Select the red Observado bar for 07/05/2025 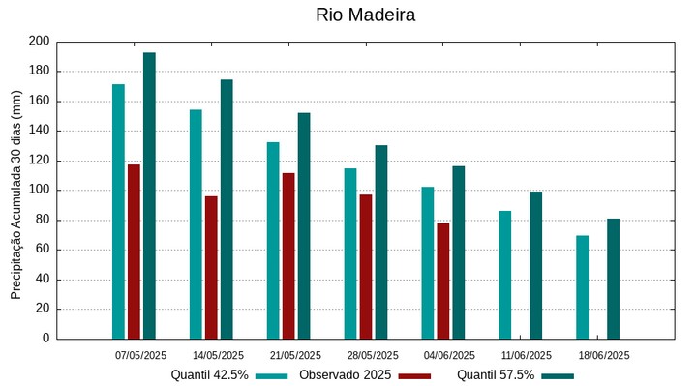click(x=134, y=252)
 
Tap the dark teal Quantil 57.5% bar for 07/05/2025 click(x=149, y=195)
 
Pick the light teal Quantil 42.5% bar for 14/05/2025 click(x=196, y=224)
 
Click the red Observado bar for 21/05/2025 click(x=288, y=255)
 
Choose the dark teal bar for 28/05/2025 click(x=381, y=242)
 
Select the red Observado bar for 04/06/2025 click(x=443, y=281)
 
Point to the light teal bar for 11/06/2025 click(x=505, y=275)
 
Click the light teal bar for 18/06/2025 click(x=583, y=286)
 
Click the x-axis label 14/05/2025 click(x=218, y=355)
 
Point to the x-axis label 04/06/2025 click(x=449, y=355)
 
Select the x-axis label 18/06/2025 click(x=604, y=355)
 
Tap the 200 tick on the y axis click(x=39, y=42)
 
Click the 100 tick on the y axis click(x=39, y=191)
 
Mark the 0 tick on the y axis click(x=45, y=339)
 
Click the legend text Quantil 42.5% click(x=210, y=374)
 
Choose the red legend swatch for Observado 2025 click(x=414, y=375)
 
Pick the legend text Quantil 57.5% click(x=496, y=374)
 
